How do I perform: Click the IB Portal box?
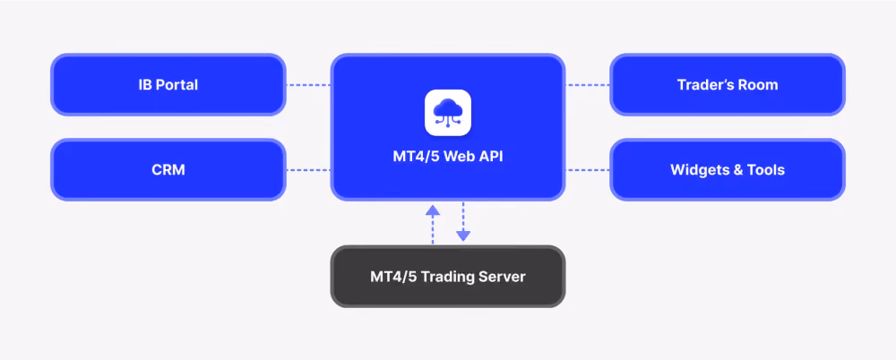(168, 84)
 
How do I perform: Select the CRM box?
(168, 170)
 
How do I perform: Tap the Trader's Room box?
(728, 84)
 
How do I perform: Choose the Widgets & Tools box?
(728, 170)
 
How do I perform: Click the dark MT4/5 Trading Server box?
(448, 277)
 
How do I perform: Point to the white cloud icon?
(448, 113)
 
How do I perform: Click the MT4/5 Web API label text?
(448, 156)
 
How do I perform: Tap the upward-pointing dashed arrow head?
(433, 210)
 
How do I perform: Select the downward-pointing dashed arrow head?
(463, 236)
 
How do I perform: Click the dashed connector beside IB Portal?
(308, 85)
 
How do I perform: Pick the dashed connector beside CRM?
(308, 170)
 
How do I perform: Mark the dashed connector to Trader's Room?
(588, 85)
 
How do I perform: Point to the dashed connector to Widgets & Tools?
(588, 170)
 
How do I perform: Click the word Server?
(503, 277)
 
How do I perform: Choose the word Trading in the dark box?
(448, 278)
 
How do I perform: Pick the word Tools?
(766, 170)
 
